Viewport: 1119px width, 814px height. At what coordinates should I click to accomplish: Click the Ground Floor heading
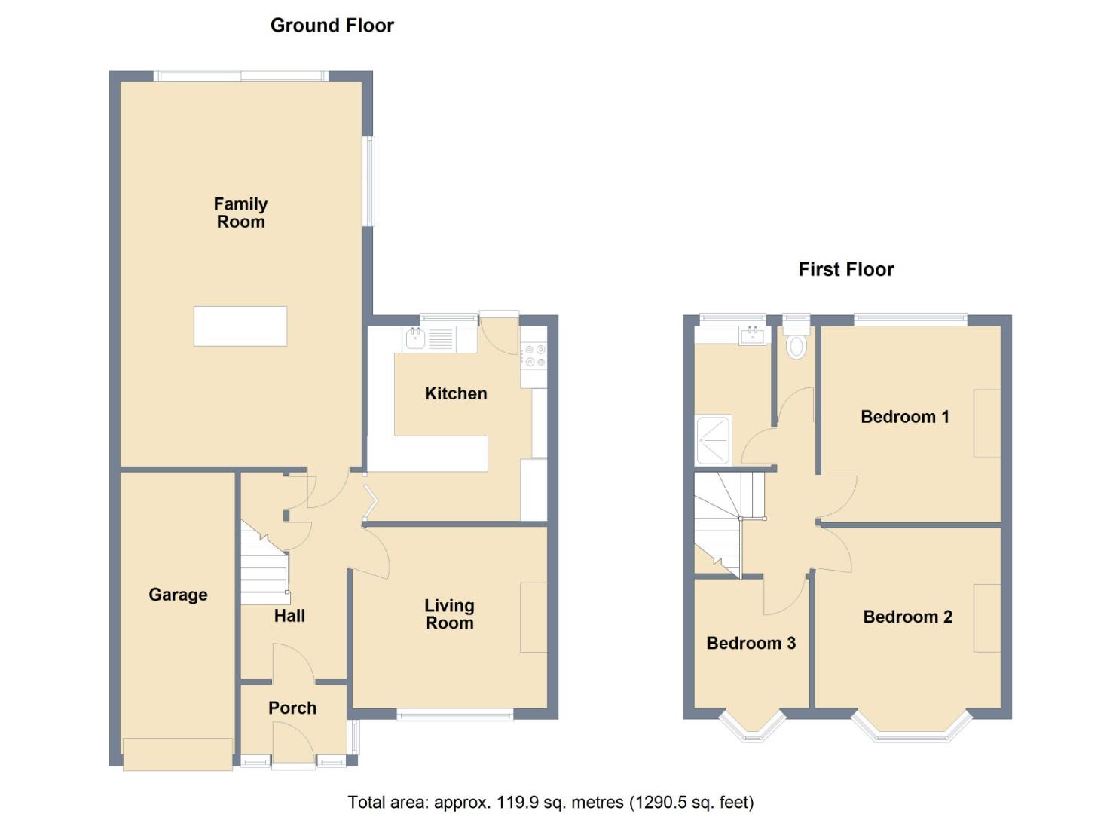332,26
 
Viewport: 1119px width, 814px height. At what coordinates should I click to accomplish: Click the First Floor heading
845,269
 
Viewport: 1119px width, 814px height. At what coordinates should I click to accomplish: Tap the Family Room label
241,213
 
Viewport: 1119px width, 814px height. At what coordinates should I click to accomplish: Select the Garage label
178,595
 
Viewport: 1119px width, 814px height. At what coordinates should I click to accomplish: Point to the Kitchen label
456,393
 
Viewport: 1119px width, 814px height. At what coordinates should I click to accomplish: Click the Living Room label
449,614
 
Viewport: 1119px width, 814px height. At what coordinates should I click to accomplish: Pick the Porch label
292,708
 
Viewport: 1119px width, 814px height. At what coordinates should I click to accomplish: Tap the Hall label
289,616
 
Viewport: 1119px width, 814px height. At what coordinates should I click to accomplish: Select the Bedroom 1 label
905,417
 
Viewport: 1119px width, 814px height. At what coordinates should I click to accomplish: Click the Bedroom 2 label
908,617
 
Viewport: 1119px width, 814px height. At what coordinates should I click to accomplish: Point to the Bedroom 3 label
751,643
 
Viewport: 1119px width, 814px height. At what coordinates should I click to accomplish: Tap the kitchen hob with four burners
534,356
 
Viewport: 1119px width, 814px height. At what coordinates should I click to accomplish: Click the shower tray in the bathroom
714,439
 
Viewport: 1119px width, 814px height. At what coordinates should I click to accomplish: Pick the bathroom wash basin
752,336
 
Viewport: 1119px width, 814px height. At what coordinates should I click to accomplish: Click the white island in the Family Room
240,326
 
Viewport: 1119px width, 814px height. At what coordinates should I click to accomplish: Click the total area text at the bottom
551,802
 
